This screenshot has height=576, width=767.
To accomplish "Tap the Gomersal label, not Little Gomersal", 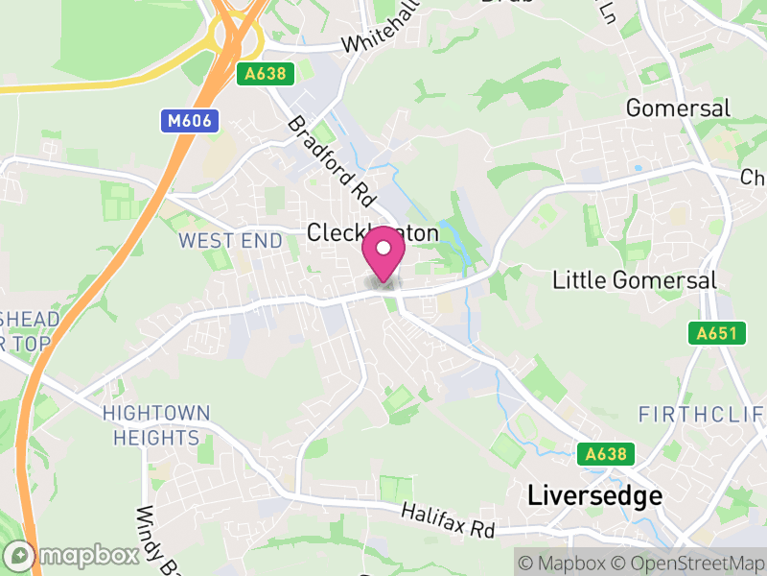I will click(678, 108).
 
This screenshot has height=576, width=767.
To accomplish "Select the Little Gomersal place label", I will click(635, 280).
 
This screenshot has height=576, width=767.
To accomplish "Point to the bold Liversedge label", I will click(594, 495).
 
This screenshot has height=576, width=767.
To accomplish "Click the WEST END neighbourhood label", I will click(231, 240).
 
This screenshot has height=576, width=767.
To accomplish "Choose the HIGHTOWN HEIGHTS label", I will click(156, 425).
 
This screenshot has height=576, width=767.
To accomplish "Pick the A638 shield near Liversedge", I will click(606, 453).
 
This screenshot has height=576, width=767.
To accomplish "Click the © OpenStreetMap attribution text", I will click(687, 561).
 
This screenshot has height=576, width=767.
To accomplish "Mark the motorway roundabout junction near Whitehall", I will click(235, 36).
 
